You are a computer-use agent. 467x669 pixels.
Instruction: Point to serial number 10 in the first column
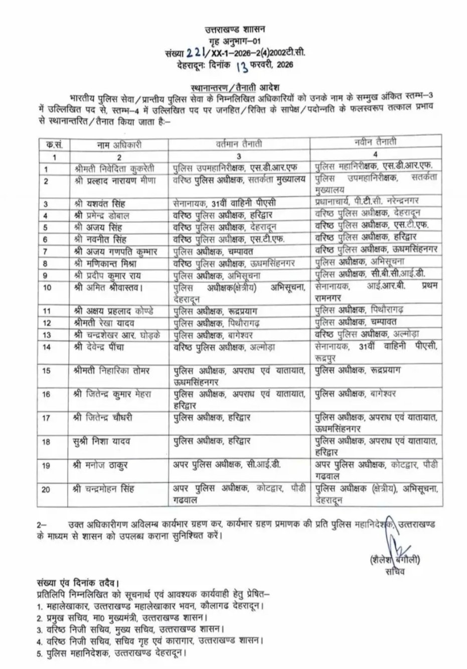[48, 287]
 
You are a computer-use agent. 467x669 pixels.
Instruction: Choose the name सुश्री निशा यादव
[101, 441]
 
